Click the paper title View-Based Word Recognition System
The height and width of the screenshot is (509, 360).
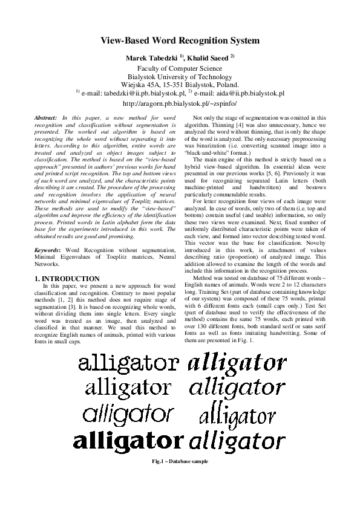click(x=179, y=41)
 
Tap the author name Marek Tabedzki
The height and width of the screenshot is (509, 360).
click(x=148, y=58)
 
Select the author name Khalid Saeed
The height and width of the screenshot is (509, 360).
click(x=208, y=58)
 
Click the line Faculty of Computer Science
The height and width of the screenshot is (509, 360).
click(x=179, y=69)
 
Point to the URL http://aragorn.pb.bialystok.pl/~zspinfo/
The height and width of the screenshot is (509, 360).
click(x=179, y=103)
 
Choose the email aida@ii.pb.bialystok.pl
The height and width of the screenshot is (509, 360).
click(x=245, y=94)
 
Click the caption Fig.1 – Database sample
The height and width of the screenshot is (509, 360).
click(x=180, y=462)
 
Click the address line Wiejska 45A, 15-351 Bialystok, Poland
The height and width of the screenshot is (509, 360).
click(x=179, y=85)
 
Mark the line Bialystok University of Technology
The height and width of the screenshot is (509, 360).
click(x=179, y=77)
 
